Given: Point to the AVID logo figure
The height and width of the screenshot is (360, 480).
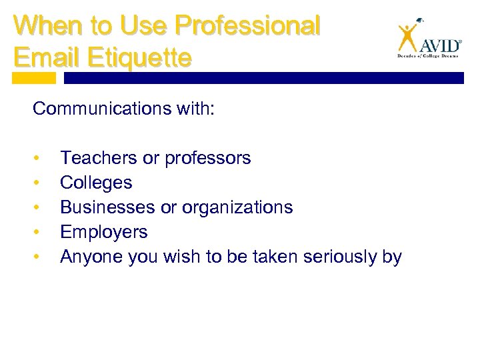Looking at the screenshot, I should (x=407, y=37).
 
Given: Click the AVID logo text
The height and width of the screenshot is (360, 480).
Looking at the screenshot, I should (x=439, y=46).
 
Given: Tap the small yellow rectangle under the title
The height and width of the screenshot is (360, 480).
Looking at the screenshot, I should (x=34, y=78).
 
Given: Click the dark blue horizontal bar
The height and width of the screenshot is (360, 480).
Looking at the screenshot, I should (x=263, y=78).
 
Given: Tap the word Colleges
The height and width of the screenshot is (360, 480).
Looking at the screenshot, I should (x=96, y=183).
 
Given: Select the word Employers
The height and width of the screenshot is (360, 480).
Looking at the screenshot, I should (x=103, y=232).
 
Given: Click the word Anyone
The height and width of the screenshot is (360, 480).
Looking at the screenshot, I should (x=89, y=257).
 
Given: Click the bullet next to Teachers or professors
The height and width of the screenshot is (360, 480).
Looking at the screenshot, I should (x=41, y=159).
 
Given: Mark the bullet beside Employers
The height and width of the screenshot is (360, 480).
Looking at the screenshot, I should (x=41, y=233).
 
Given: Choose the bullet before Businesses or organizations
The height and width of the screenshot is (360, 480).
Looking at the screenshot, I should (x=41, y=208).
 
